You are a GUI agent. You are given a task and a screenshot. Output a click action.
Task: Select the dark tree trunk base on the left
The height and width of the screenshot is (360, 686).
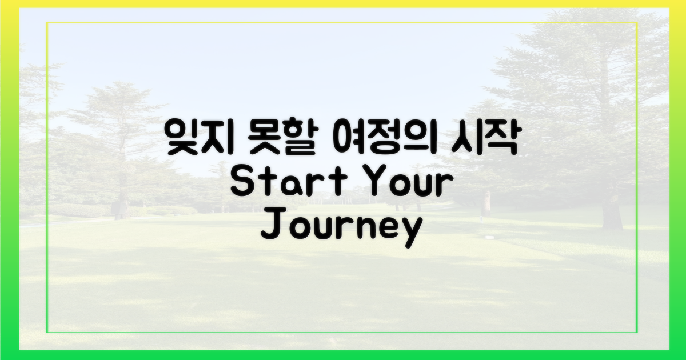click(120, 210)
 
